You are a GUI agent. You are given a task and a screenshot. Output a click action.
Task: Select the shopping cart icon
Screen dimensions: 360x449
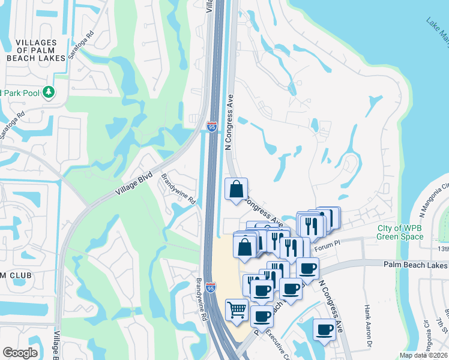point(237,310)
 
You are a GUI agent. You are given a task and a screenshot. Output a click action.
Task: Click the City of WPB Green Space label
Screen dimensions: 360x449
point(400,232)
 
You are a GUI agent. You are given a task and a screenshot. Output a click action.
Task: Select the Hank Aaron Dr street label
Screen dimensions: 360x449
point(367,320)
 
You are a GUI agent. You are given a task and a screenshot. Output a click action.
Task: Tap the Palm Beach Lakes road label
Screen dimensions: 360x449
point(415,265)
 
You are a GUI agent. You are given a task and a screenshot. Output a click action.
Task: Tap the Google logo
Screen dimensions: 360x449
point(20,353)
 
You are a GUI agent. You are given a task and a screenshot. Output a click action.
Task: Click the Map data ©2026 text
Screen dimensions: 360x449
point(423,355)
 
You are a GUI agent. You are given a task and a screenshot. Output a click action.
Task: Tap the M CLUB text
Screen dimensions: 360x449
point(16,275)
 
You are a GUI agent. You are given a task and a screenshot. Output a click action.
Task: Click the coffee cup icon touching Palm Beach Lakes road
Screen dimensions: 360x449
point(308,268)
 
